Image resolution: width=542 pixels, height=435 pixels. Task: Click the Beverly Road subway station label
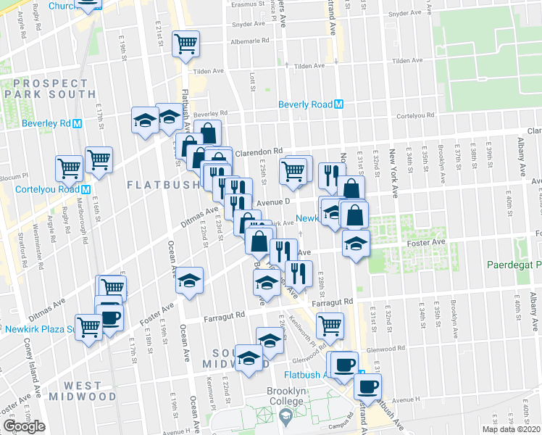(x=306, y=104)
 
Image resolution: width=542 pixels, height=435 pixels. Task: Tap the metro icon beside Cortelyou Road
(x=86, y=190)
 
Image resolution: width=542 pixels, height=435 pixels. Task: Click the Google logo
(x=25, y=426)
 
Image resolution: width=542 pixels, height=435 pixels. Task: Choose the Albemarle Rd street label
(x=234, y=41)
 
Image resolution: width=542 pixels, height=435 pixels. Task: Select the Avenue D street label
(x=272, y=202)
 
